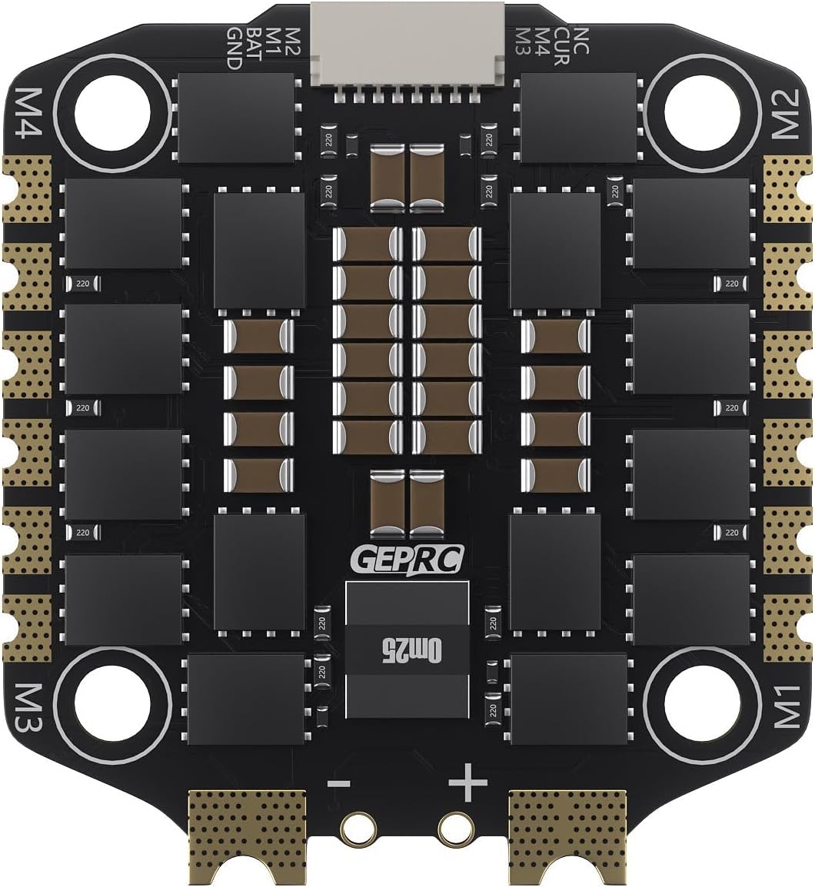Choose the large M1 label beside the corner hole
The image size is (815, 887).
784,705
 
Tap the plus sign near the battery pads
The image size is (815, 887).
468,785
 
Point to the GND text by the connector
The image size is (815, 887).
234,48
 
